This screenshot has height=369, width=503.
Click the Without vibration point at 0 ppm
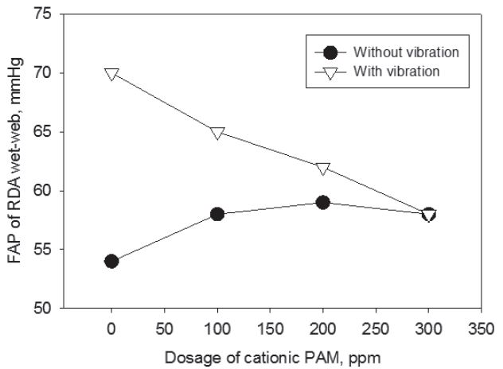(x=111, y=261)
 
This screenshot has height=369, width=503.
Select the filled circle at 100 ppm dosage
(x=217, y=214)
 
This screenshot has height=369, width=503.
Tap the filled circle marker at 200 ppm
(x=322, y=202)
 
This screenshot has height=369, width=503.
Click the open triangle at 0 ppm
(x=111, y=74)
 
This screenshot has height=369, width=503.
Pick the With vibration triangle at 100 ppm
(x=217, y=133)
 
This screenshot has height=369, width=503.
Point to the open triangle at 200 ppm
(x=322, y=168)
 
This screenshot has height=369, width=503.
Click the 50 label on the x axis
(x=164, y=325)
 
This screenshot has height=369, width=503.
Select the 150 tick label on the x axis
(x=270, y=325)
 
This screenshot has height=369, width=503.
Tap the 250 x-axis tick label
(x=376, y=325)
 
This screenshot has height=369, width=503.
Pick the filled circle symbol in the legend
(x=331, y=52)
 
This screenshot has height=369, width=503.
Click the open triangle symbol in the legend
(x=331, y=70)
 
